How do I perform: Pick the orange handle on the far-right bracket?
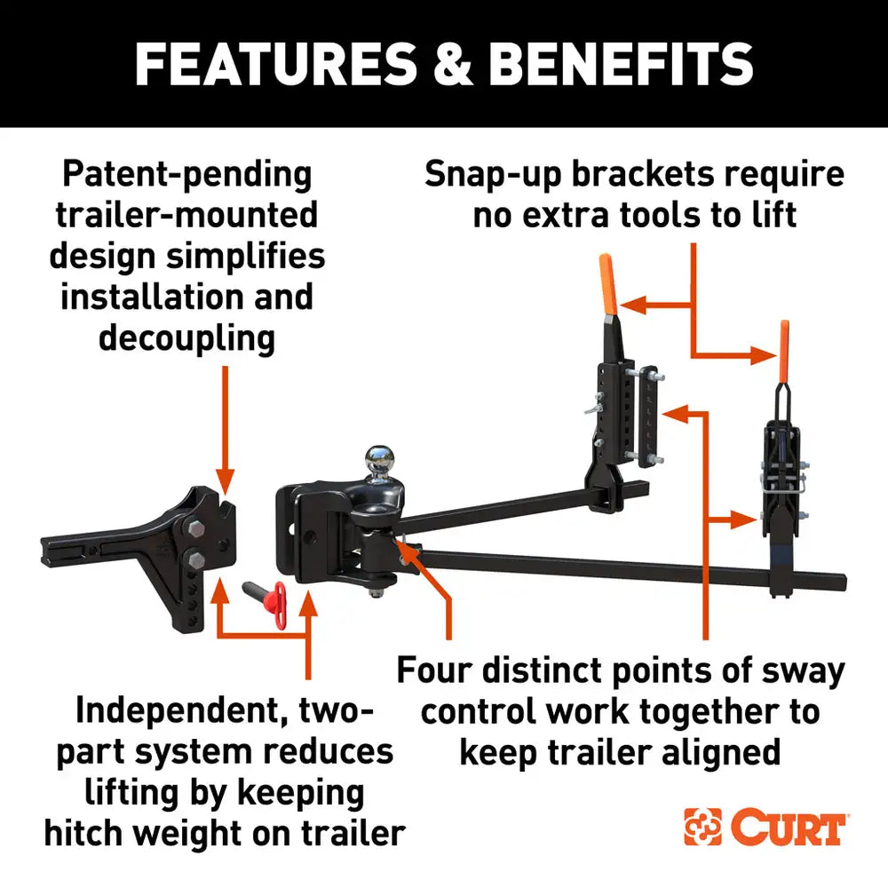784,349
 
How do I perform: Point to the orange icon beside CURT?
703,827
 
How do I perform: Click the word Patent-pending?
186,174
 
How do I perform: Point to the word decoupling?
186,337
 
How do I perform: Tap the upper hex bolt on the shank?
194,530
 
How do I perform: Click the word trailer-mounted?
186,215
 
